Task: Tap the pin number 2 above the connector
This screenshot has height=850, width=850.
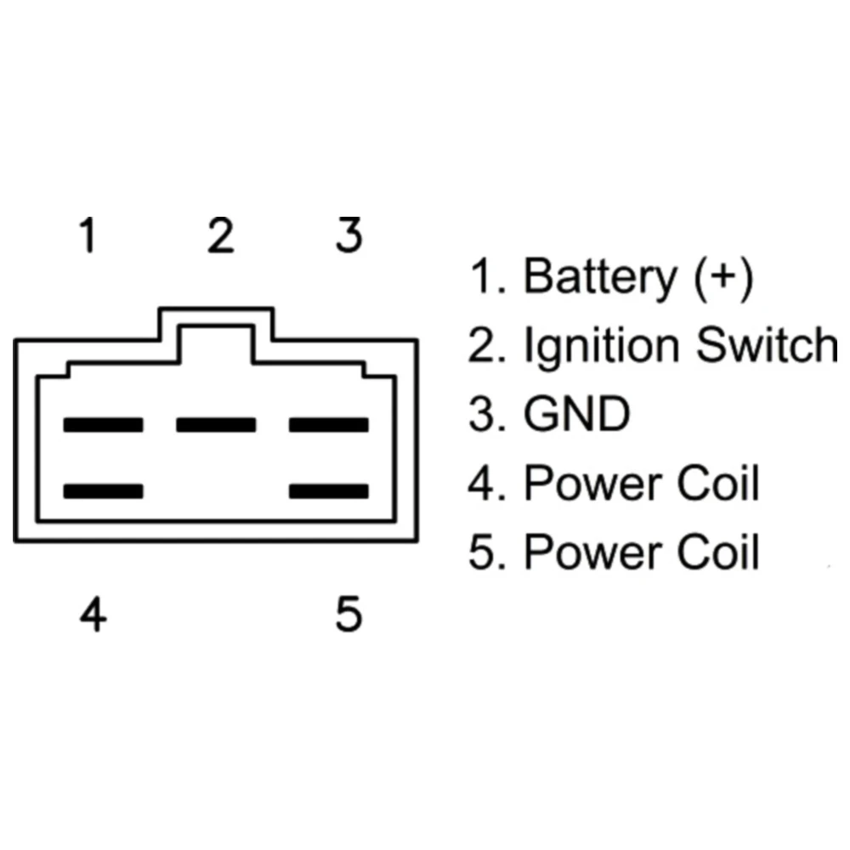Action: pyautogui.click(x=221, y=235)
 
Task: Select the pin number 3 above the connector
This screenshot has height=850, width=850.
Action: pyautogui.click(x=348, y=235)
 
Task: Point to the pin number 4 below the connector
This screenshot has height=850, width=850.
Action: pyautogui.click(x=93, y=614)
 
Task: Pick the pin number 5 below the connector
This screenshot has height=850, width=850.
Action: pyautogui.click(x=348, y=614)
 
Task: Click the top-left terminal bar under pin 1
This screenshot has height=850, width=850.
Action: pyautogui.click(x=103, y=425)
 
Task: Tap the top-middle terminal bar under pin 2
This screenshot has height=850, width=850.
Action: pyautogui.click(x=216, y=425)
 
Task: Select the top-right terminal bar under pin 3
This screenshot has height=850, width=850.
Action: pyautogui.click(x=328, y=425)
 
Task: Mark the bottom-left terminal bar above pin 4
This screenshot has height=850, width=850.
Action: pyautogui.click(x=103, y=491)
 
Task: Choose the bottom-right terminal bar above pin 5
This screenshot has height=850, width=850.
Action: pyautogui.click(x=328, y=491)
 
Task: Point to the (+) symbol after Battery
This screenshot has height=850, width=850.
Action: pyautogui.click(x=723, y=278)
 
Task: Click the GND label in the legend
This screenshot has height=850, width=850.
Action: pyautogui.click(x=577, y=414)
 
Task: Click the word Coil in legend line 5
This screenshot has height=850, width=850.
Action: pyautogui.click(x=718, y=552)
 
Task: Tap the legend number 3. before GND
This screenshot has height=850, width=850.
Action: pyautogui.click(x=487, y=414)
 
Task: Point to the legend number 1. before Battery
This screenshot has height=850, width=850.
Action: pyautogui.click(x=488, y=276)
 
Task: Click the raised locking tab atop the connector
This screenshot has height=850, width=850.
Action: pyautogui.click(x=216, y=309)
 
